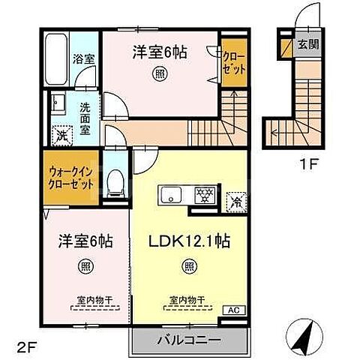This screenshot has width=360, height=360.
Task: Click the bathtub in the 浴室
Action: (56, 59)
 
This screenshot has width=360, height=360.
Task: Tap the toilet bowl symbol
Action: (115, 183)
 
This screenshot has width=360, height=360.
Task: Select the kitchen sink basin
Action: (171, 195)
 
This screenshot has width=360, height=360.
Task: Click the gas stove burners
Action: (205, 195)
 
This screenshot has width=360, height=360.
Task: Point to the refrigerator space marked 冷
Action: (236, 202)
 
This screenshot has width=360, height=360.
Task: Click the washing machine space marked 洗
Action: (61, 135)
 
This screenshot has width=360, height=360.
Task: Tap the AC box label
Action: (234, 310)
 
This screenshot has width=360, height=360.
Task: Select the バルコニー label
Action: (189, 340)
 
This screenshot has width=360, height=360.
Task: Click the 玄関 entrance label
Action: (308, 44)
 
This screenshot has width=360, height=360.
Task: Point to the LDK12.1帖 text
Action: (189, 241)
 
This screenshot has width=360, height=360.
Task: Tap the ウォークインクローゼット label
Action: (71, 178)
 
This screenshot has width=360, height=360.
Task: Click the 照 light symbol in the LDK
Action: (189, 266)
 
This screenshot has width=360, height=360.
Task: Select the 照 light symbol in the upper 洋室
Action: (160, 73)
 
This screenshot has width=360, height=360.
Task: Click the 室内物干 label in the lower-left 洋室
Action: (94, 300)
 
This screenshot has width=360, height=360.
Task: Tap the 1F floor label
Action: (309, 164)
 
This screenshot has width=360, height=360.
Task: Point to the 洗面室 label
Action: (85, 118)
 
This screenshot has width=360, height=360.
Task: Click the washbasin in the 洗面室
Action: (58, 103)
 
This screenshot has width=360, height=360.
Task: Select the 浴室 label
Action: (84, 59)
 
